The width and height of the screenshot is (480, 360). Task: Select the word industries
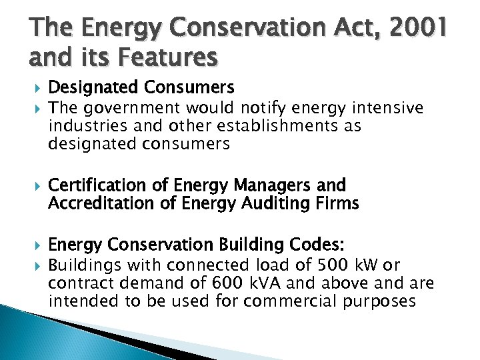click(x=83, y=126)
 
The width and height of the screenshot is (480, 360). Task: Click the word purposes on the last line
click(x=381, y=301)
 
